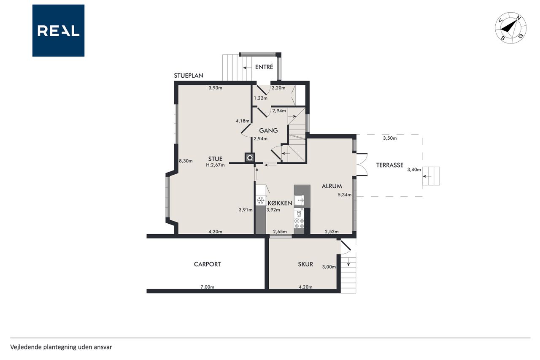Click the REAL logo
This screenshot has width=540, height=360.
tap(58, 31)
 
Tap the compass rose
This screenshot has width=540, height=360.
tap(510, 28)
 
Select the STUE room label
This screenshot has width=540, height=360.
tap(215, 159)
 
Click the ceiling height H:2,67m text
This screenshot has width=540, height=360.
tap(215, 165)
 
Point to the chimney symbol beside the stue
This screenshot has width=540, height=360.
tap(250, 158)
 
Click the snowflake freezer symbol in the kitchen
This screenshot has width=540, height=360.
tap(260, 200)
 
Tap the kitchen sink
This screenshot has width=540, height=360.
tap(300, 200)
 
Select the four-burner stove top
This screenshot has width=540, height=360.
tap(299, 223)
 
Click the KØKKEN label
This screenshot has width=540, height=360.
tap(280, 203)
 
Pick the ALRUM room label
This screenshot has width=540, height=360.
tap(332, 186)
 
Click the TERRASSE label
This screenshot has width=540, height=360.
tap(390, 165)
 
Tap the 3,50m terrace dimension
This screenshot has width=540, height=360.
tap(390, 138)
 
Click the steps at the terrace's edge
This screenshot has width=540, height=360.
tap(431, 176)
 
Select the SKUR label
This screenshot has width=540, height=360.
tap(305, 264)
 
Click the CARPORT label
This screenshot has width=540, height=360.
tap(207, 264)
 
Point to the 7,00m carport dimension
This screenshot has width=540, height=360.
tap(207, 287)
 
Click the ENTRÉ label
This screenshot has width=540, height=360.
tap(264, 67)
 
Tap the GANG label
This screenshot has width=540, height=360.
tap(268, 130)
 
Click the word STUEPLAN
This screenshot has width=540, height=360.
tap(189, 76)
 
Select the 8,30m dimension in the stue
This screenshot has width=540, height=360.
tap(186, 161)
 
